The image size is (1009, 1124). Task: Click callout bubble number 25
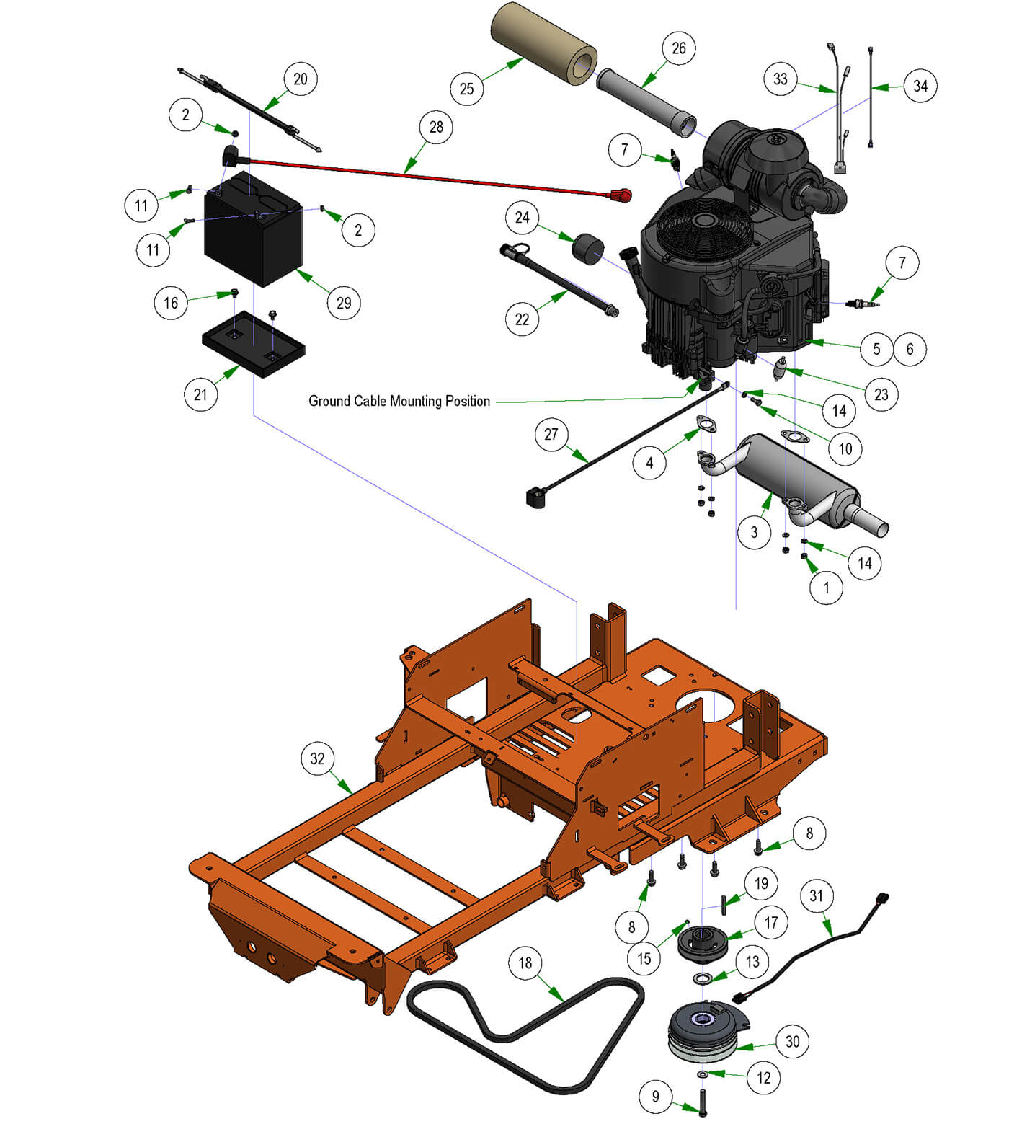[x=466, y=89]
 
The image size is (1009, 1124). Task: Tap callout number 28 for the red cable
[x=436, y=127]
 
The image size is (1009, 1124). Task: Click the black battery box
[x=253, y=229]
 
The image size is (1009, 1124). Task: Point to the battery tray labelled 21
[x=253, y=345]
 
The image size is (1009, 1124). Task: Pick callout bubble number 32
[x=317, y=758]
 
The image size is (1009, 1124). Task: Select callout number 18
[x=525, y=963]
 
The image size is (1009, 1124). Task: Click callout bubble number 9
[x=655, y=1097]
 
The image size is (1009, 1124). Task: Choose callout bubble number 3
[x=754, y=532]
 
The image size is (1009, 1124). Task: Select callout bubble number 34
[x=920, y=86]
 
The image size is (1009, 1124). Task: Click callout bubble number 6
[x=910, y=349]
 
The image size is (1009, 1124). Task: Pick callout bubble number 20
[x=301, y=79]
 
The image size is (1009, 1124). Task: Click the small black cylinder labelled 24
[x=587, y=249]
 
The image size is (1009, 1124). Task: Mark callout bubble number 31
[x=816, y=895]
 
